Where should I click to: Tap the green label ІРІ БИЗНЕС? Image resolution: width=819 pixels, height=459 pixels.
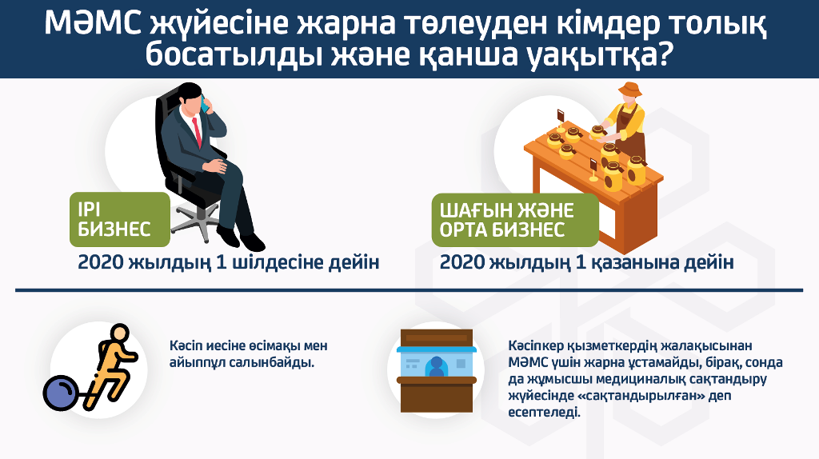tap(120, 219)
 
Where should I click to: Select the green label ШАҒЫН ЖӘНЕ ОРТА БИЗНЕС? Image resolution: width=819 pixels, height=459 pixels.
tap(515, 220)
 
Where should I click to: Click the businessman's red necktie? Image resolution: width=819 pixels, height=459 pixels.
tap(197, 132)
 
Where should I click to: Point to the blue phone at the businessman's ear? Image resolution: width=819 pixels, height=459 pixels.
tap(206, 105)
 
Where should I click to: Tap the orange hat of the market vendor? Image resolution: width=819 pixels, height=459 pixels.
tap(630, 90)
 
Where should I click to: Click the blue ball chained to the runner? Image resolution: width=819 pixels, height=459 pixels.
tap(61, 392)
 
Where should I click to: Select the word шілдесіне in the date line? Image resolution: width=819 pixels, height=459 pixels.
tap(277, 262)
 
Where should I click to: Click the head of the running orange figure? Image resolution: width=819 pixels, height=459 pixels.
tap(120, 332)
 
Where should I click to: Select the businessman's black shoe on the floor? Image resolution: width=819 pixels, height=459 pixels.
tap(252, 241)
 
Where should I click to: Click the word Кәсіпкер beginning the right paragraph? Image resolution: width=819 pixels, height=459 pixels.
tap(535, 346)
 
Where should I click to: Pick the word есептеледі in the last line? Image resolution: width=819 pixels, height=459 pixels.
tap(544, 412)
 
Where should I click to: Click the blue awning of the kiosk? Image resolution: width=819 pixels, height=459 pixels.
tap(437, 349)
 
